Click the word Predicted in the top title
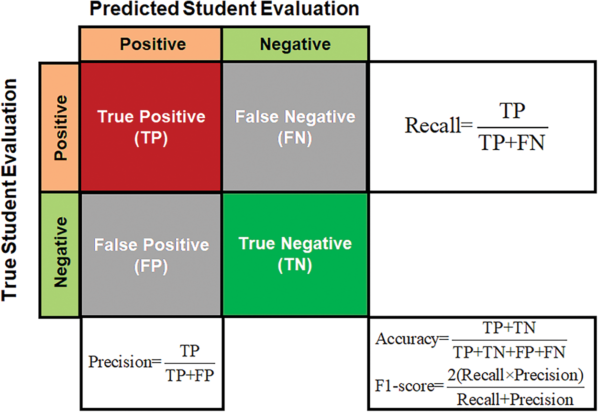click(x=134, y=9)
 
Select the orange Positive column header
click(x=151, y=44)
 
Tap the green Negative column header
click(x=295, y=44)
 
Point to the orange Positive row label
click(x=60, y=127)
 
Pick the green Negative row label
click(x=60, y=255)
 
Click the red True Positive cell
click(x=151, y=127)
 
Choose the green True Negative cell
click(x=295, y=255)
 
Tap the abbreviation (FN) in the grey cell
click(x=295, y=138)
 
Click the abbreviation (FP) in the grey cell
click(x=151, y=266)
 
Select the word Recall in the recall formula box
click(x=432, y=125)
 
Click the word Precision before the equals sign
click(x=120, y=362)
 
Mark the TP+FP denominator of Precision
click(x=190, y=375)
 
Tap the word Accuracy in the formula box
click(x=407, y=340)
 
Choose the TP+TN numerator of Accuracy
click(x=509, y=328)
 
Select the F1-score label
click(x=405, y=386)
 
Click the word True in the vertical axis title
click(x=9, y=278)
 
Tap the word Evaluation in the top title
click(x=310, y=9)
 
